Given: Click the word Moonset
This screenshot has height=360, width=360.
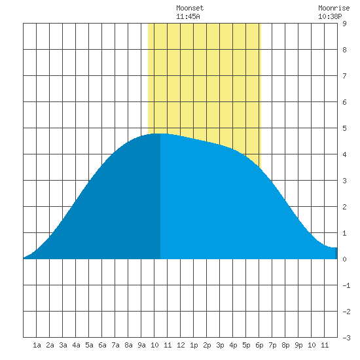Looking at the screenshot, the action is [190, 8].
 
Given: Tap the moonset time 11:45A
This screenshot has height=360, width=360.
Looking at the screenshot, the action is [188, 16].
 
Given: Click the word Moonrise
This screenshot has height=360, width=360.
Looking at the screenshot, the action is [334, 8].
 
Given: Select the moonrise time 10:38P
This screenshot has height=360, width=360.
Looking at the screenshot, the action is [330, 16].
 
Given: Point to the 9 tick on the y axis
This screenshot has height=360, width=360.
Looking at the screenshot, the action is [344, 24].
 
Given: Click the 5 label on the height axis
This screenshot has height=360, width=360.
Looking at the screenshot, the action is [344, 128].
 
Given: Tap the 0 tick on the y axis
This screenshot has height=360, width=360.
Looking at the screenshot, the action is [344, 259].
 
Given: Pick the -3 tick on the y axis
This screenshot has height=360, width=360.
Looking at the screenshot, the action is [346, 338].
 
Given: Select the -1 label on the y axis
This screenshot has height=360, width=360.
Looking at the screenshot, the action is [346, 285].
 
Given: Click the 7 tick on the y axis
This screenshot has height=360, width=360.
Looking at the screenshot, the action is [344, 76].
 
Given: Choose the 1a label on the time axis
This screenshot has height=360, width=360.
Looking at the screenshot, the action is [37, 345].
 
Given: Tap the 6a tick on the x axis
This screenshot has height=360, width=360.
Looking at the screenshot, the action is [102, 345].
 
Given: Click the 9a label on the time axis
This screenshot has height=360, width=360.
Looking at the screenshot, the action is [141, 345].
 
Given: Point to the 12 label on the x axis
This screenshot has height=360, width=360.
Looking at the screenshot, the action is [181, 345].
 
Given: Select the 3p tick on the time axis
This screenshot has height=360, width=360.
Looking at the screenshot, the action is [220, 345].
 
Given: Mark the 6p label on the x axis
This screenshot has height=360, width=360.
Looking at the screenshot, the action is [259, 345].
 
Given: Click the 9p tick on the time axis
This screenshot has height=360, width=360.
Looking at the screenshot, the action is [298, 345].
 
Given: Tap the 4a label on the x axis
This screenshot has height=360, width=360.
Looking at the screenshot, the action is [76, 345].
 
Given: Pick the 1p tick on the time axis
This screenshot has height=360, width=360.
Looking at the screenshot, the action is [194, 345].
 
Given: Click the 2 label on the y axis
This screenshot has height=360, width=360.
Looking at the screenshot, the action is [344, 207].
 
